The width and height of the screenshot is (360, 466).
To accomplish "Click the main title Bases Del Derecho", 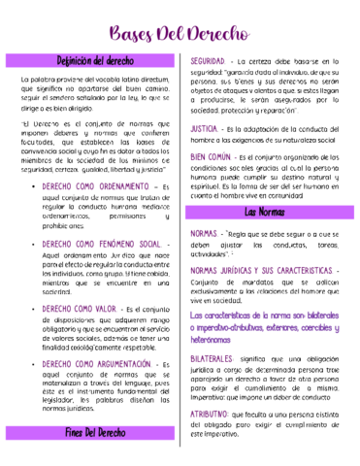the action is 180,35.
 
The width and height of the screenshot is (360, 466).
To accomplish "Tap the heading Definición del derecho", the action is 94,61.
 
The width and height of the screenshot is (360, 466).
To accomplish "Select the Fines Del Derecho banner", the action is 94,433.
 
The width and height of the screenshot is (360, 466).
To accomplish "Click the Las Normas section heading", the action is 264,212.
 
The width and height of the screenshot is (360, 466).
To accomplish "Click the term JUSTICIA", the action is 205,128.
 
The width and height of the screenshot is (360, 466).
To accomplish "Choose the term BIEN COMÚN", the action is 211,156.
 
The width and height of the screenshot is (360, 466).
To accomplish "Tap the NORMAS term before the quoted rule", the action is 204,234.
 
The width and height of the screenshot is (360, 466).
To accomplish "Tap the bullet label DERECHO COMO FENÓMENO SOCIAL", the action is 100,245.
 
